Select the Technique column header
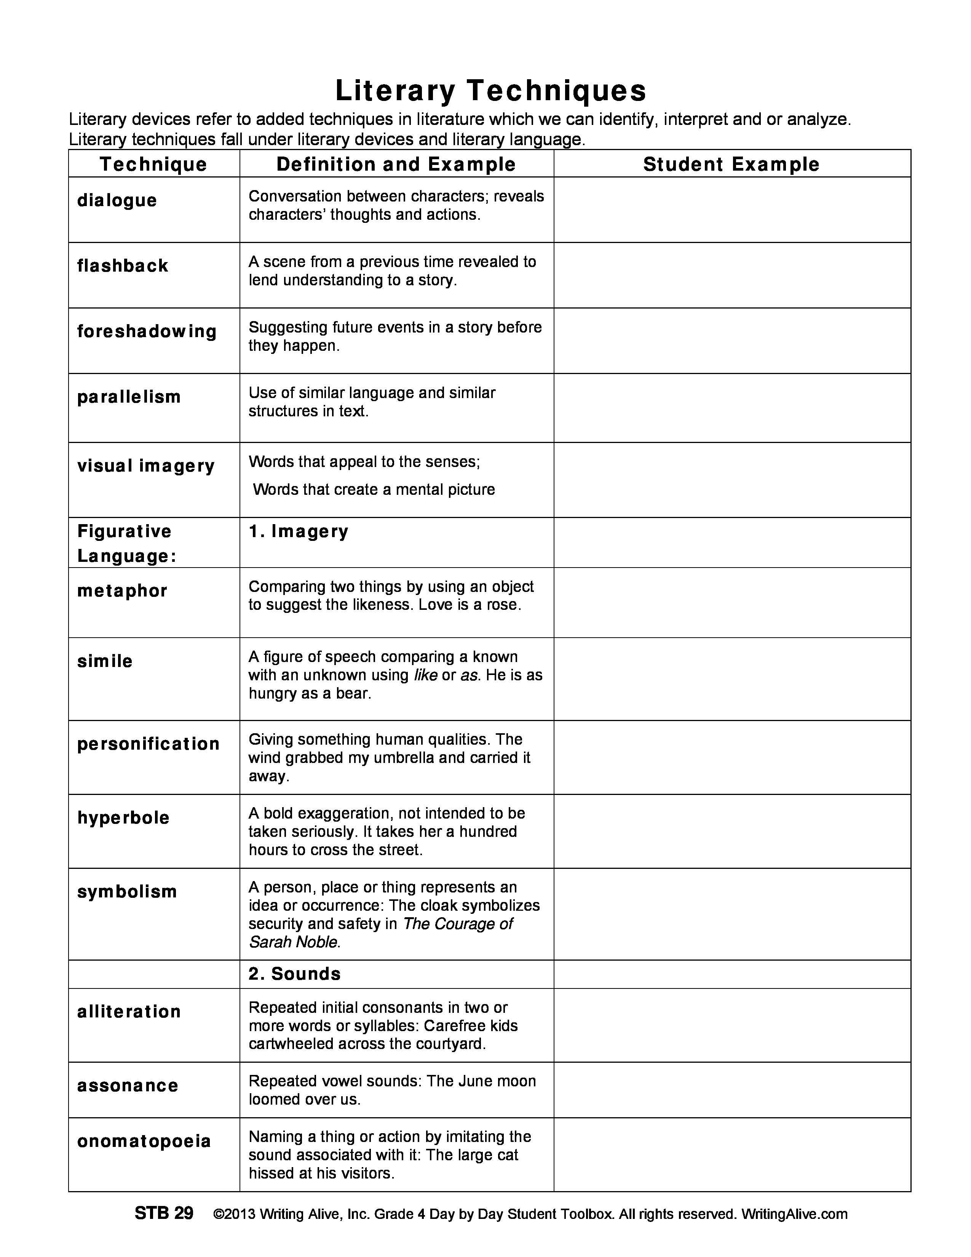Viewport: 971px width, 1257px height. pos(153,164)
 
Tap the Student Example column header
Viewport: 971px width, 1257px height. pos(731,164)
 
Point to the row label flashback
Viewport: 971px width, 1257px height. pos(123,266)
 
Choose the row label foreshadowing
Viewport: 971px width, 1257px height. pos(147,331)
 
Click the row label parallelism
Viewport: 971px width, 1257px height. pos(129,397)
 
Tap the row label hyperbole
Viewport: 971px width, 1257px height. pos(123,818)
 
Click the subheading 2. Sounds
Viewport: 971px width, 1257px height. pos(294,974)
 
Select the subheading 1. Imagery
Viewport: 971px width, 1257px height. pos(299,531)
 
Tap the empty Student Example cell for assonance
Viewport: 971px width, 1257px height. pos(732,1090)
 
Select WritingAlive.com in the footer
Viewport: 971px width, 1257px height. pos(794,1214)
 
